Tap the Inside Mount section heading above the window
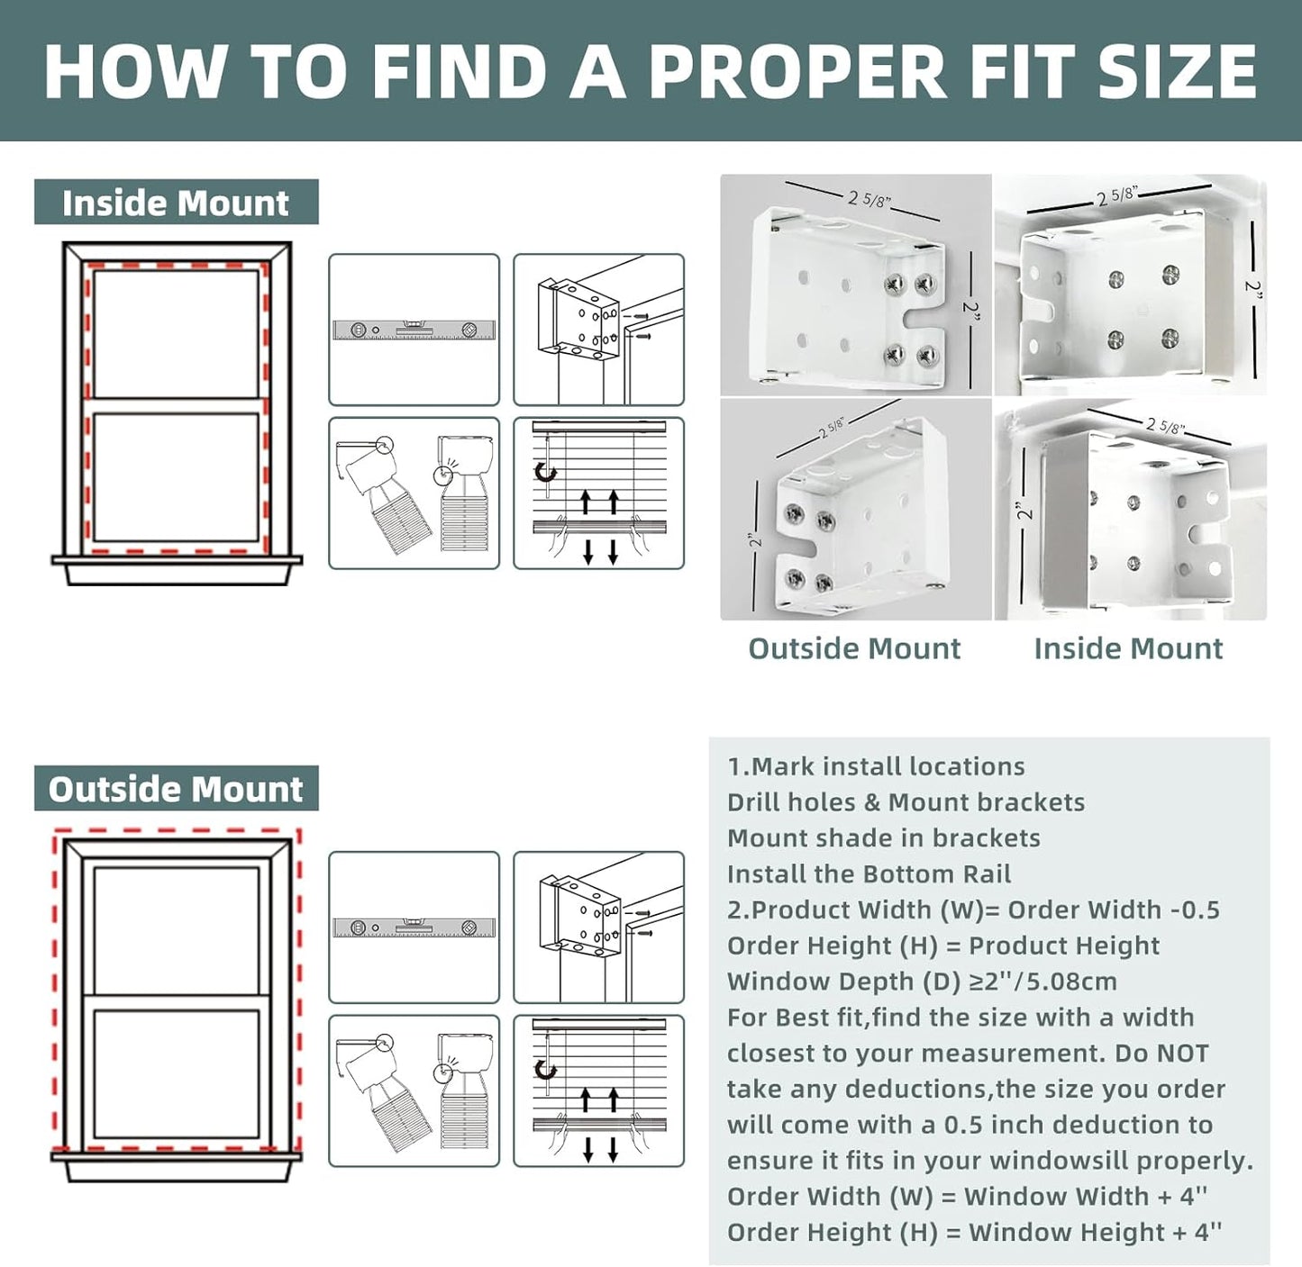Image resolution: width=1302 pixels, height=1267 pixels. (x=176, y=203)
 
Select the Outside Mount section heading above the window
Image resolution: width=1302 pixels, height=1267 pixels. (x=176, y=789)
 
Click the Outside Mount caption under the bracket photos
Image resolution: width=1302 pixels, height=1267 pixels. (x=854, y=648)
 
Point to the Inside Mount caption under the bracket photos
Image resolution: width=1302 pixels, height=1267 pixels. (x=1129, y=648)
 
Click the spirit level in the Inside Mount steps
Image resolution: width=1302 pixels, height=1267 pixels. (x=414, y=330)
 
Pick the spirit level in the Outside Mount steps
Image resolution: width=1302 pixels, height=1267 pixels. (x=414, y=928)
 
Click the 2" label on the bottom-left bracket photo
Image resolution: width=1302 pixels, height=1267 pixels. (x=756, y=538)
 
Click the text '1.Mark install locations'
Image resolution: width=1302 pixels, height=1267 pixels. (x=876, y=766)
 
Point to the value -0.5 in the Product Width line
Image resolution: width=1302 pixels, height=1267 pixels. (x=1196, y=910)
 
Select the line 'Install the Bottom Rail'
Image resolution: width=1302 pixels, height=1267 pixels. (x=870, y=873)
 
